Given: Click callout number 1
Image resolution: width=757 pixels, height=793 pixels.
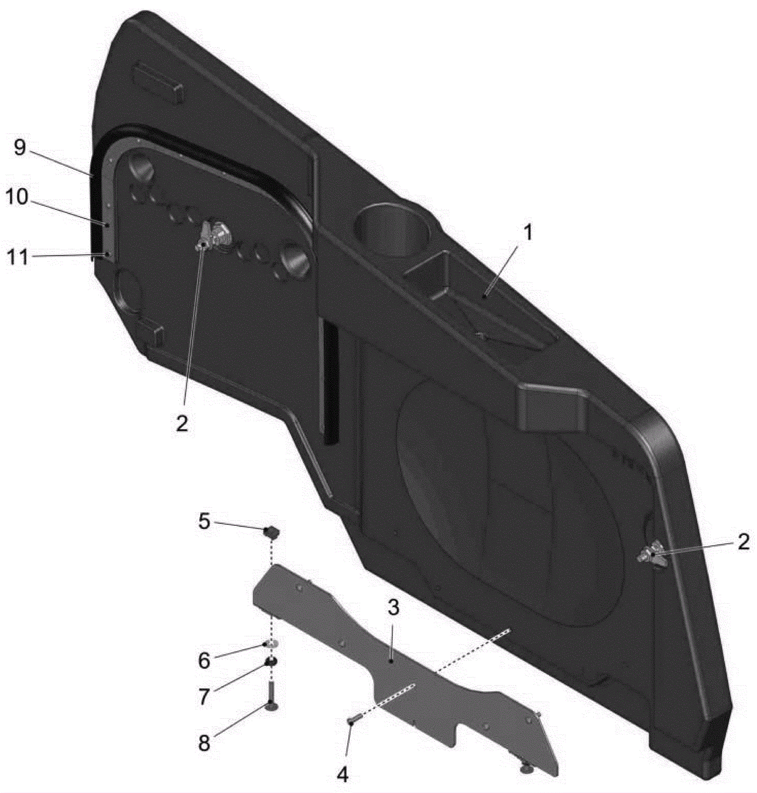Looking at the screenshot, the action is click(528, 233).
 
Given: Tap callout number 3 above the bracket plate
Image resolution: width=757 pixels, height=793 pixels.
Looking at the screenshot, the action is click(393, 608).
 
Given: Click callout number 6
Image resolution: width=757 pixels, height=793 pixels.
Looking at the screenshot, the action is click(204, 660).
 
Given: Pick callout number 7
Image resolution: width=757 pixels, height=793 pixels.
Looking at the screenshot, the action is click(204, 696).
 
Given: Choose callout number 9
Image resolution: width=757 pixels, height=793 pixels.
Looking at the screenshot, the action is click(19, 148).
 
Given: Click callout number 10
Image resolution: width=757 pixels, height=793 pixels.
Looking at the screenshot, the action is click(17, 197).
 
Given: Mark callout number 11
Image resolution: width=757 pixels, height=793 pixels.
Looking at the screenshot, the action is click(17, 258).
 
